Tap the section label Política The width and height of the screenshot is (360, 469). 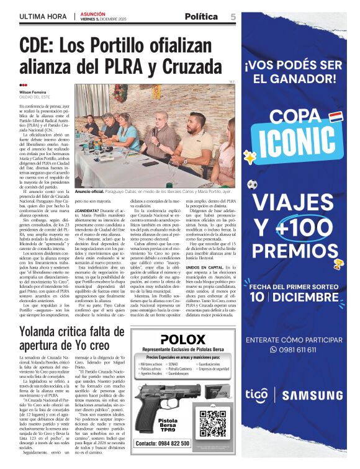(201, 16)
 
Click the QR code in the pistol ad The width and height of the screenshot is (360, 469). (213, 423)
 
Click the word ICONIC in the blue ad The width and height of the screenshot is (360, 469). (297, 143)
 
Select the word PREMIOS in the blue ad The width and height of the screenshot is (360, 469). (297, 251)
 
